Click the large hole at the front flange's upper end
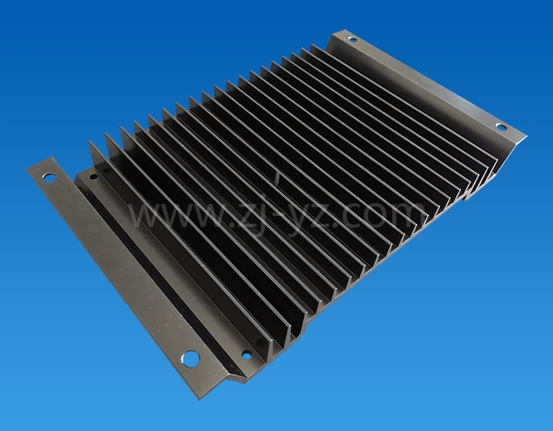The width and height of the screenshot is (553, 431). tap(49, 177)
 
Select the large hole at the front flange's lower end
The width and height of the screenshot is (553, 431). tap(190, 359)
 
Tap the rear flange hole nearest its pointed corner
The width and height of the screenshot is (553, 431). tap(500, 127)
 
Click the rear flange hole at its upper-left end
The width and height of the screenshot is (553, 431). tap(352, 39)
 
